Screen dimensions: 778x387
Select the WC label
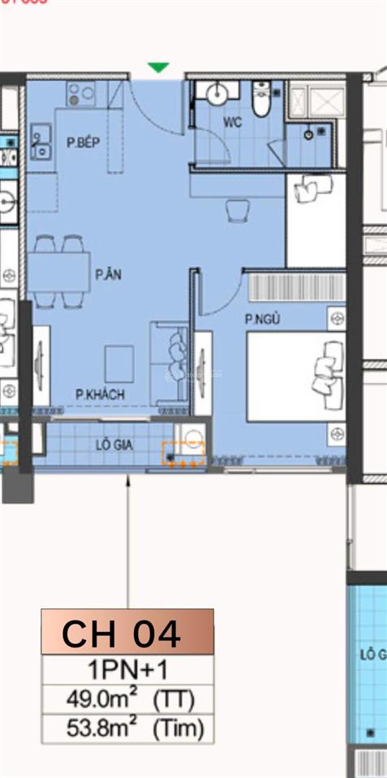[x=233, y=123]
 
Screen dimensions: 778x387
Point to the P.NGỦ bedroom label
[x=262, y=320]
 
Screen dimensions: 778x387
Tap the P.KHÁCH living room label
[x=100, y=394]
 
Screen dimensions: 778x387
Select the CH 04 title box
[x=127, y=633]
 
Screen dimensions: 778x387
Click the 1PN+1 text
[x=127, y=670]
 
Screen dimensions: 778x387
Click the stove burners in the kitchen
[x=82, y=92]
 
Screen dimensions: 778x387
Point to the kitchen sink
[x=39, y=142]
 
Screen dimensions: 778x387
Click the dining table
[x=59, y=272]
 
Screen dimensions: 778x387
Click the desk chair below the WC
[x=236, y=210]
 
